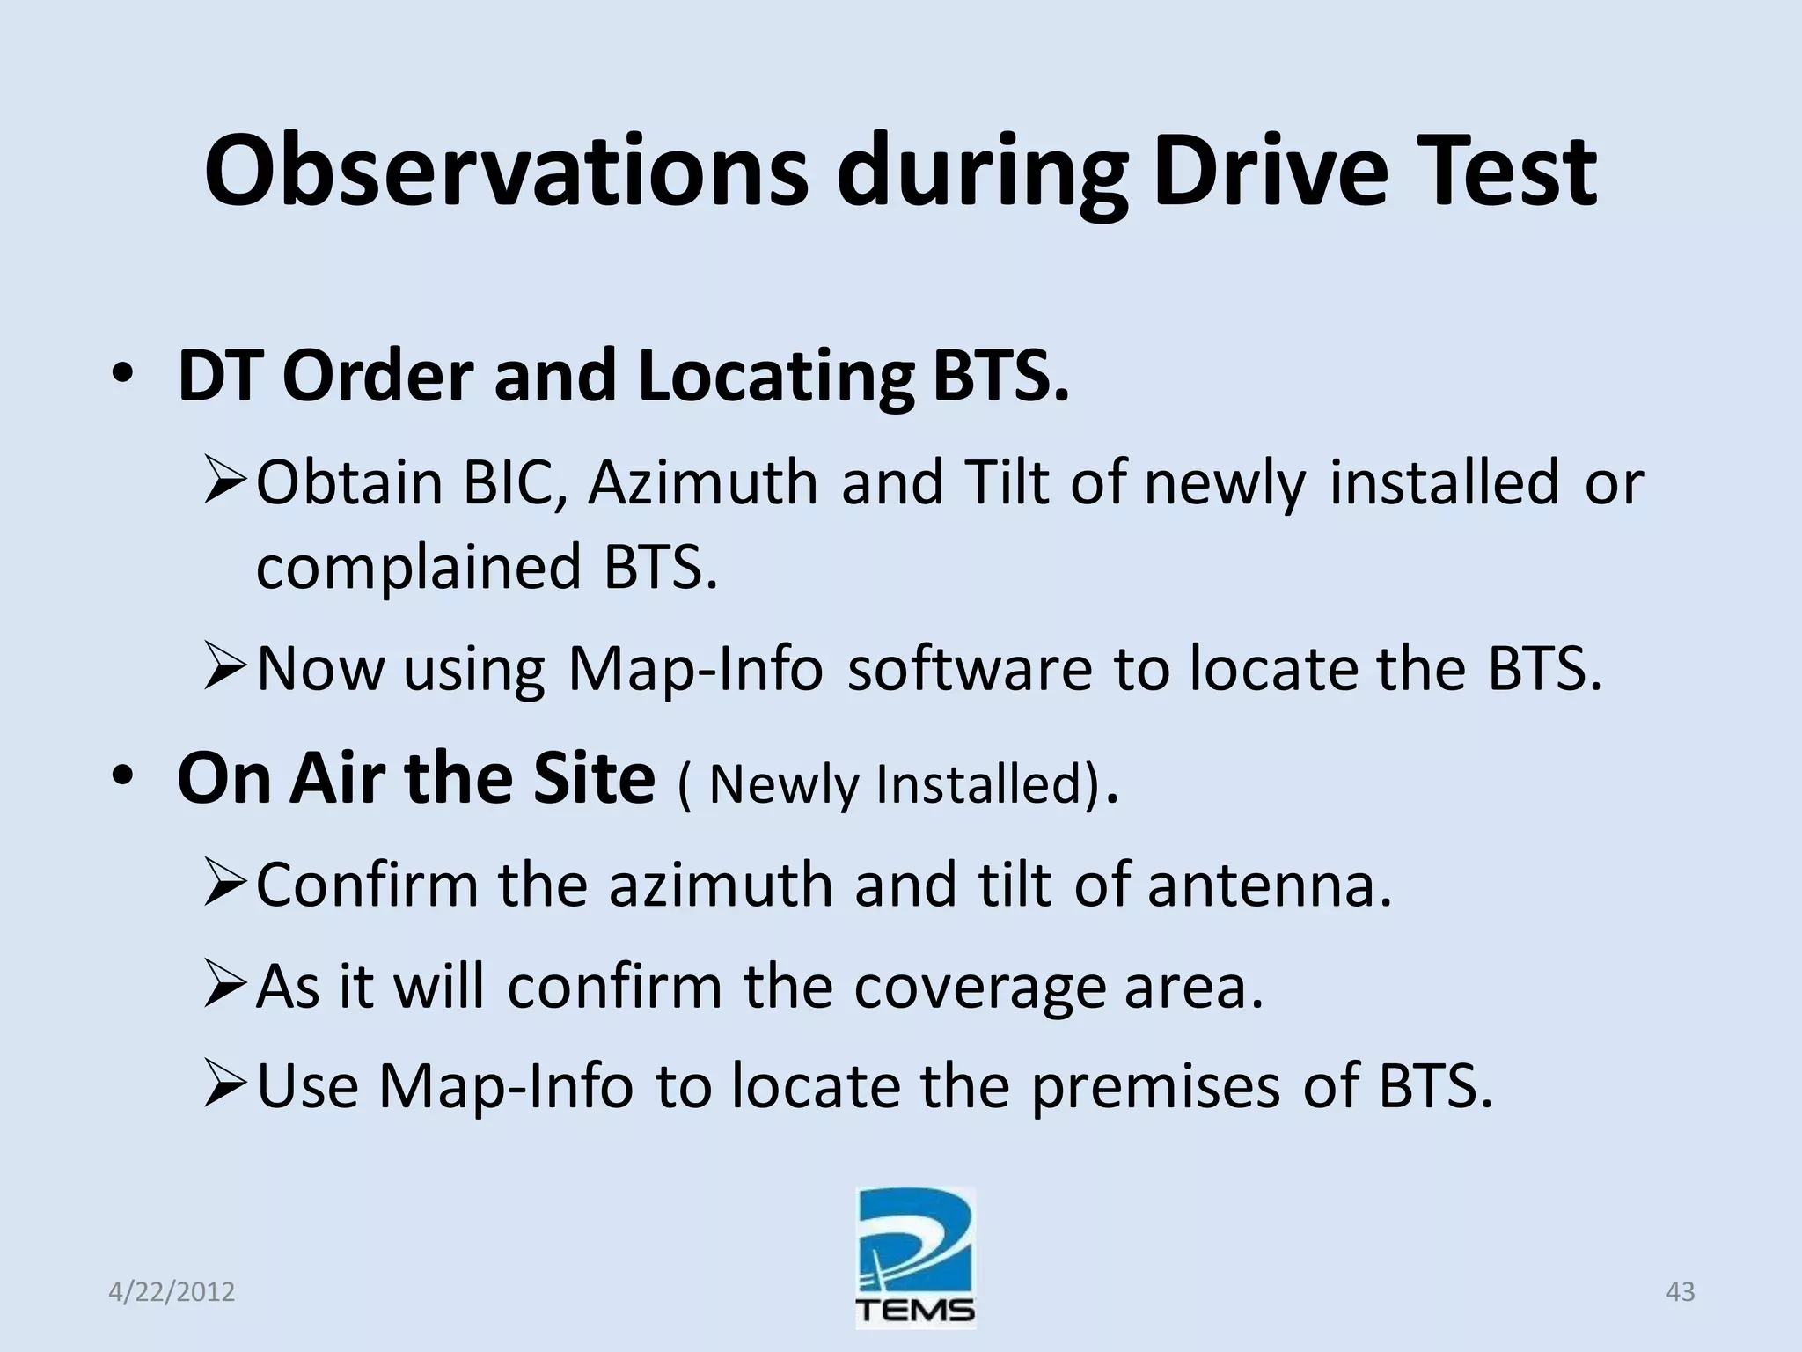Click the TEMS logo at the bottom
915,1258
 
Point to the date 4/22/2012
172,1292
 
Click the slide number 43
1680,1292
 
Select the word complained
418,568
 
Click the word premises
1154,1087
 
